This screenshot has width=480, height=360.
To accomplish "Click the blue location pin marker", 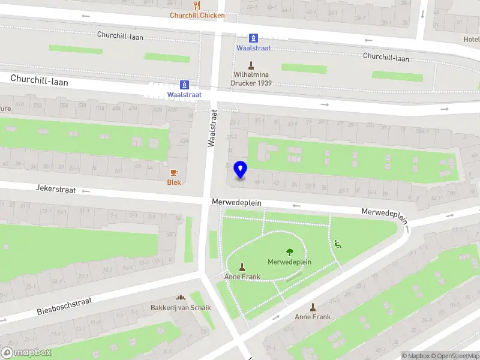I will [x=240, y=170].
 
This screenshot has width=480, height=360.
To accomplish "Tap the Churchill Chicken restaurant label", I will [x=197, y=16].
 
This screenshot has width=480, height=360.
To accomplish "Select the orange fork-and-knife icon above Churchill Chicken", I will [x=197, y=5].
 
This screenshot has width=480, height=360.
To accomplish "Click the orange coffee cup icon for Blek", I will [x=174, y=172].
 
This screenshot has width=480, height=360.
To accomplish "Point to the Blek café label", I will [x=174, y=182].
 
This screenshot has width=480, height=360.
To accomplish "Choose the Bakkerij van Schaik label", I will [x=181, y=308].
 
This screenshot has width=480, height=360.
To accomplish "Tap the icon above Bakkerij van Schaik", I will [x=181, y=298].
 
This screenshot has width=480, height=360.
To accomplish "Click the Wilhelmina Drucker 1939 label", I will [x=253, y=79].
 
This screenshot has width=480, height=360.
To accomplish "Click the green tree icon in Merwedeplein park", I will [x=290, y=252].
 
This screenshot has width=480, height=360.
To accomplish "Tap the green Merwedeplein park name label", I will [x=289, y=262].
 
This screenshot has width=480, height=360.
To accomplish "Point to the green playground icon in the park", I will [x=337, y=244].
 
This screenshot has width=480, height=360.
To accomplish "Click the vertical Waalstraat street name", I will [x=212, y=127].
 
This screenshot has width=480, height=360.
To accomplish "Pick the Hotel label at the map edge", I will [x=472, y=40].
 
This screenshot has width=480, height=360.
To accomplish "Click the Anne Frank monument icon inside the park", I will [x=242, y=267].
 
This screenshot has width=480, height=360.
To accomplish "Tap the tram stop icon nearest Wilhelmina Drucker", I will [x=254, y=37].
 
